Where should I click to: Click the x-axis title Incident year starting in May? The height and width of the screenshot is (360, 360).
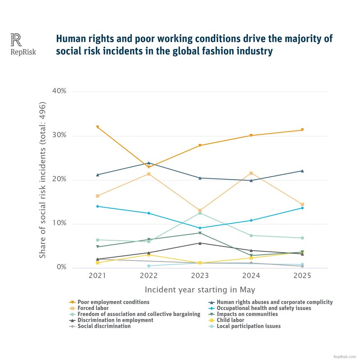pyautogui.click(x=200, y=290)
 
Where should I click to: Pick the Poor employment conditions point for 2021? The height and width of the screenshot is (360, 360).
pyautogui.click(x=97, y=127)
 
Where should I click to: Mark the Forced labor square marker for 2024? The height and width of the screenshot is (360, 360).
pyautogui.click(x=251, y=173)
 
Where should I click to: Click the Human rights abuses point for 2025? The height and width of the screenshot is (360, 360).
pyautogui.click(x=302, y=171)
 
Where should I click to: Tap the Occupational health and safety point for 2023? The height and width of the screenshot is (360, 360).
pyautogui.click(x=200, y=228)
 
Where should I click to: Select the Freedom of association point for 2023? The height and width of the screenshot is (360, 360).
pyautogui.click(x=200, y=213)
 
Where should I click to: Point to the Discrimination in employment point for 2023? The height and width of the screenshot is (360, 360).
pyautogui.click(x=200, y=243)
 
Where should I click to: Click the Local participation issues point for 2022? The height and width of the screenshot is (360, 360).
pyautogui.click(x=148, y=266)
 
